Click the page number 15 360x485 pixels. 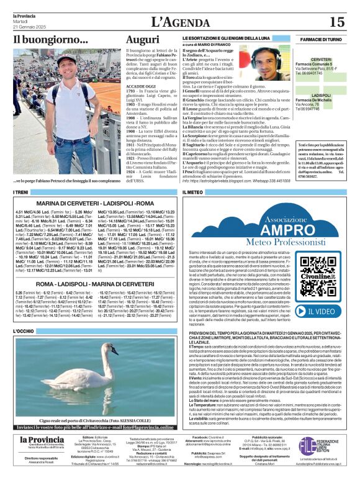tap(337, 22)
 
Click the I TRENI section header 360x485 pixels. tap(22, 193)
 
